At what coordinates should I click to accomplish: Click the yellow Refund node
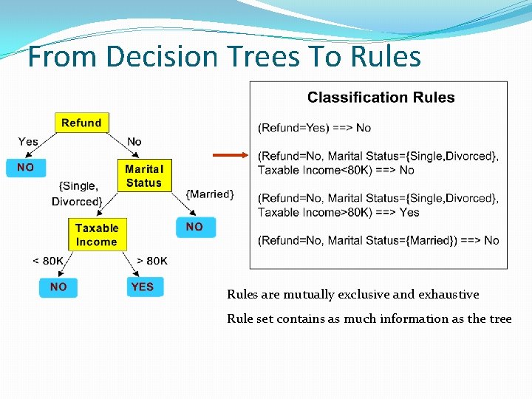(x=81, y=123)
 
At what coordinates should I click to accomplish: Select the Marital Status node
(x=143, y=176)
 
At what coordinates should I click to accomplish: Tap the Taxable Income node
(x=96, y=235)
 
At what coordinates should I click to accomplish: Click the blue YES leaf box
(x=142, y=287)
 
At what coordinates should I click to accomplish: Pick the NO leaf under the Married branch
(x=194, y=227)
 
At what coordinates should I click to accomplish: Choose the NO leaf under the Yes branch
(x=25, y=168)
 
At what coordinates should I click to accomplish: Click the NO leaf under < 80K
(x=58, y=287)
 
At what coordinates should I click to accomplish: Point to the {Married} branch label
(x=210, y=194)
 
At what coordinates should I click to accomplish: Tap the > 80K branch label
(x=152, y=261)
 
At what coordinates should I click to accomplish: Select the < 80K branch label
(x=48, y=261)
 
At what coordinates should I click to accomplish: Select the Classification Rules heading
(x=381, y=98)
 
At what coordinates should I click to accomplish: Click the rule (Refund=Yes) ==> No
(x=314, y=128)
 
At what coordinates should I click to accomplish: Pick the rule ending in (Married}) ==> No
(x=378, y=240)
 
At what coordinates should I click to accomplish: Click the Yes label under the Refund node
(x=28, y=141)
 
